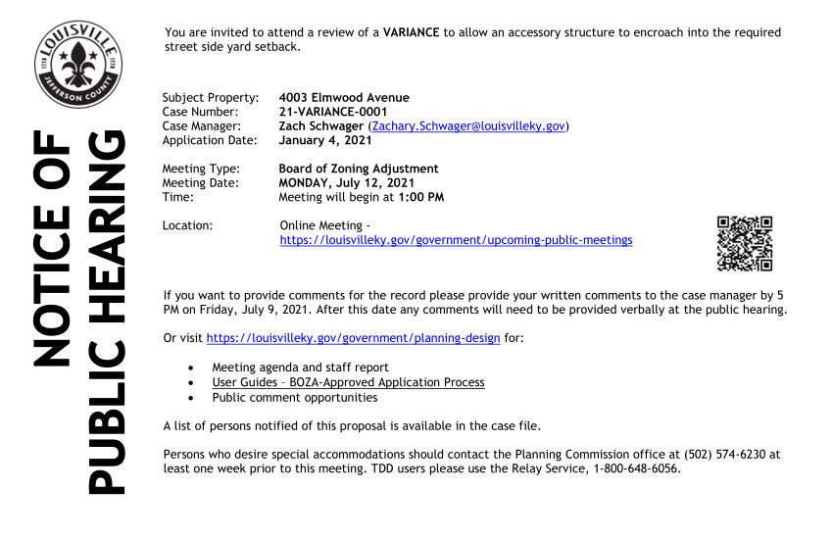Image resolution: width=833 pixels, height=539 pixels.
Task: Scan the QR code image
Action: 745,243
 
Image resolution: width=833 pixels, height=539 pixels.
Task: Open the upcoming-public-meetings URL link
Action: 456,240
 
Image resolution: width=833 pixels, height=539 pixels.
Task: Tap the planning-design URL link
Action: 353,338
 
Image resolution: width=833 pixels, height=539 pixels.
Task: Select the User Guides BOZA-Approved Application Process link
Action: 348,382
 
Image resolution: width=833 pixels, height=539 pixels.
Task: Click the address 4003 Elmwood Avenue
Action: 343,97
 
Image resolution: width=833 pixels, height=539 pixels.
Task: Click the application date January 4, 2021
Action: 324,140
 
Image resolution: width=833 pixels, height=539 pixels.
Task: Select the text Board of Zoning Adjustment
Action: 358,169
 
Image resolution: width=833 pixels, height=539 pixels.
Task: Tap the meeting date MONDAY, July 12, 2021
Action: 346,182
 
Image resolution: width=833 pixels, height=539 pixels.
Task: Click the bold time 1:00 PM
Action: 420,197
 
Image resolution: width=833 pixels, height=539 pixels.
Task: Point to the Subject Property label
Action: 210,97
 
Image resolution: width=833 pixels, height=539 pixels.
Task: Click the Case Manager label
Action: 201,126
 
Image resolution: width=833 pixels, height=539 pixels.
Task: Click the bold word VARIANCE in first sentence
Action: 412,32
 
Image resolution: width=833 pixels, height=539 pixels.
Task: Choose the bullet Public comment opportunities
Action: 294,398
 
